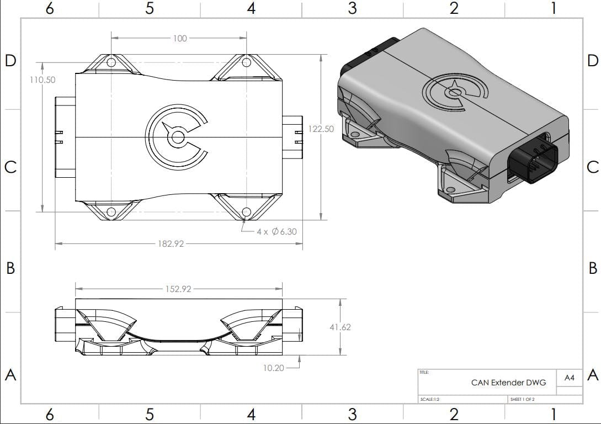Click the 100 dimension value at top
[x=180, y=39]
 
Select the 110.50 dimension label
[x=42, y=79]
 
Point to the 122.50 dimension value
[x=321, y=129]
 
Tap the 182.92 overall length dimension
[x=171, y=243]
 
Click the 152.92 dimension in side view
[x=178, y=289]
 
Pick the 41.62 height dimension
[x=340, y=327]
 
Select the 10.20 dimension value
[x=274, y=368]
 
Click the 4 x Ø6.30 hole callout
[x=276, y=231]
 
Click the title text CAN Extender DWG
[x=508, y=382]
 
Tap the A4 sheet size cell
[x=570, y=378]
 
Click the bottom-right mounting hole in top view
[x=246, y=211]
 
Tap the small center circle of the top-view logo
[x=178, y=137]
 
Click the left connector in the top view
[x=65, y=137]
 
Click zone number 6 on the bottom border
[x=50, y=414]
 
